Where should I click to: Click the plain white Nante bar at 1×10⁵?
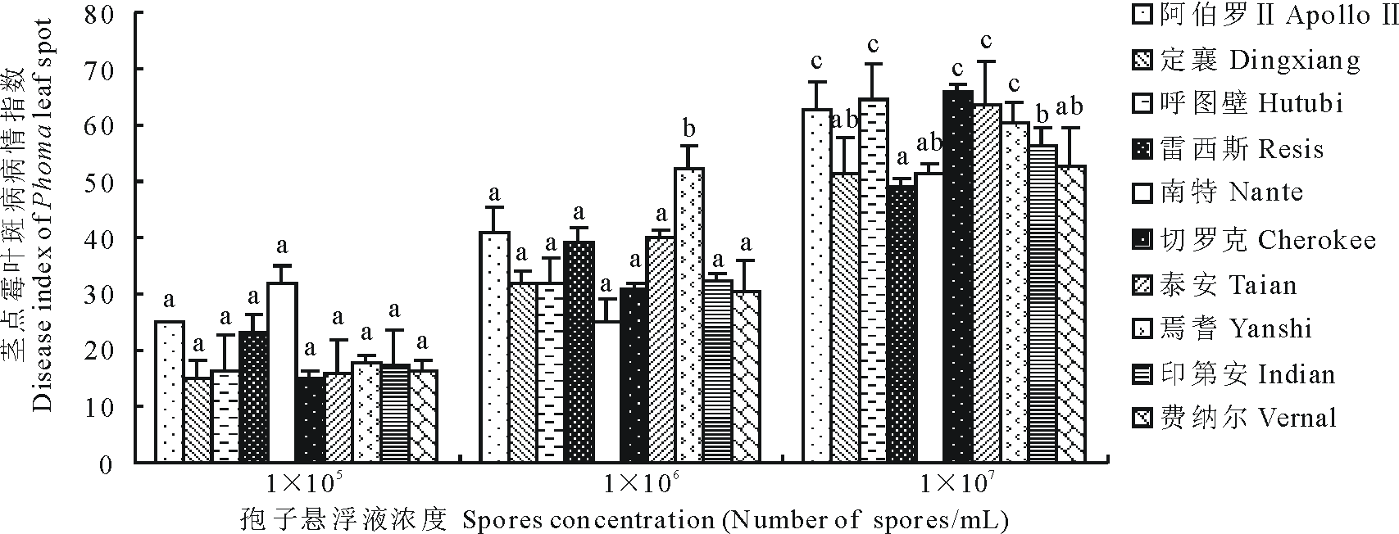click(x=283, y=372)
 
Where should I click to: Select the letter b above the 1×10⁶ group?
click(x=689, y=129)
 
